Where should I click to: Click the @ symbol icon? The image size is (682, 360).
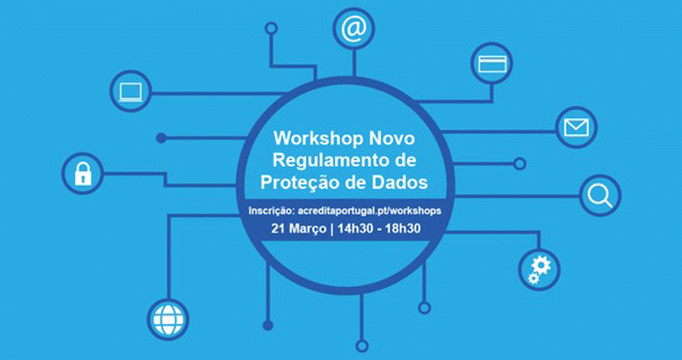pos(354,29)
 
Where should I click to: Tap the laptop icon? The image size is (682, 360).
pos(131,91)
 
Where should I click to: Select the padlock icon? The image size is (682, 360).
pos(83,174)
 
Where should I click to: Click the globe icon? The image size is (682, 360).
pos(168,320)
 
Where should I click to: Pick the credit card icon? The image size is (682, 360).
pos(492,63)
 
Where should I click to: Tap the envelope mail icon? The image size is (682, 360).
pos(577,127)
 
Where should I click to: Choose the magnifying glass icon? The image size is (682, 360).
pos(599,197)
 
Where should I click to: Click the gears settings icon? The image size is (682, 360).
pos(539,270)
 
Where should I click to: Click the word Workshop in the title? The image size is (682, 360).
pos(319,140)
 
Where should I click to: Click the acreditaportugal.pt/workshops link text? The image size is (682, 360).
pos(370,211)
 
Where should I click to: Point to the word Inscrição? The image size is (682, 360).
pos(272,211)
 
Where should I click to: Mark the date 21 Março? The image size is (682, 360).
pos(298,228)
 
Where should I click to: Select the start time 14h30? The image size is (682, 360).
pos(355,228)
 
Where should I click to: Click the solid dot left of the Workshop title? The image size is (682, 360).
pos(162,138)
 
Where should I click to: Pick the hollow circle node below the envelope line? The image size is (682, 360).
pos(520,164)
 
